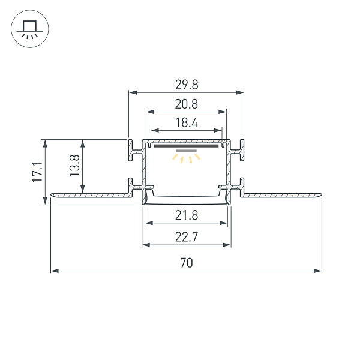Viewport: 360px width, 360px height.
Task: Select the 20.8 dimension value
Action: (x=186, y=103)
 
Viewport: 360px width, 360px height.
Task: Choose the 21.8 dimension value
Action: (x=187, y=215)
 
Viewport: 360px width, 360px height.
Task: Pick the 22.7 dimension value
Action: (x=187, y=236)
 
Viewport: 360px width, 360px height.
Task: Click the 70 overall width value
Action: (x=186, y=263)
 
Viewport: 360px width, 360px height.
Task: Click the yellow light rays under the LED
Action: (x=186, y=158)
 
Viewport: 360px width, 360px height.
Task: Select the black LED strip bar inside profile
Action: (x=186, y=145)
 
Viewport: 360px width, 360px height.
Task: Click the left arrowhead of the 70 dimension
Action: (x=54, y=271)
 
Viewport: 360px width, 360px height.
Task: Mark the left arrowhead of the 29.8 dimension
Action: (x=132, y=92)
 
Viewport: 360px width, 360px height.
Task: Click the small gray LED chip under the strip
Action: (x=186, y=151)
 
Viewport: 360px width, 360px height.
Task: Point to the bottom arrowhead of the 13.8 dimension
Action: (x=82, y=190)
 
